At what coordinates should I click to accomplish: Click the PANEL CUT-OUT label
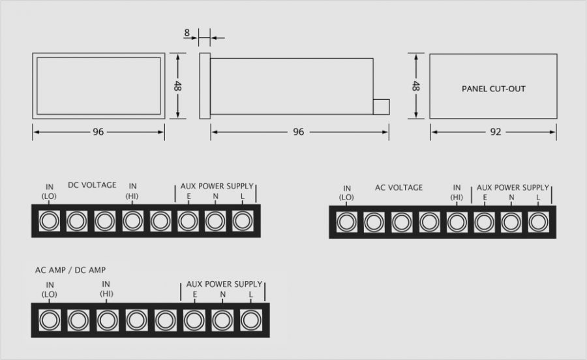click(493, 88)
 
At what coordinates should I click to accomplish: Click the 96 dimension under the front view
click(98, 132)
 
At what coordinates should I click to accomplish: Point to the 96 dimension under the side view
click(299, 132)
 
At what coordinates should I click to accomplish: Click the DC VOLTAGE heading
click(92, 185)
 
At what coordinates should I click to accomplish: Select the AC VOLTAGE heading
click(399, 188)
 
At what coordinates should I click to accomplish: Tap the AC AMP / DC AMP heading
click(70, 269)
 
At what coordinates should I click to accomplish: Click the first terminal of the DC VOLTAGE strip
click(48, 221)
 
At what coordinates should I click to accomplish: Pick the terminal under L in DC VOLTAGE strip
click(243, 221)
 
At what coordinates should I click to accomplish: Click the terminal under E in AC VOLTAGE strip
click(483, 222)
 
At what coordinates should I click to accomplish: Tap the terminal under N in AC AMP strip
click(222, 320)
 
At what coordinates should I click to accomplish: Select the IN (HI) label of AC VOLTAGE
click(457, 192)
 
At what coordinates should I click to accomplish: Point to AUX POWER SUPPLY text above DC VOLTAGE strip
click(217, 186)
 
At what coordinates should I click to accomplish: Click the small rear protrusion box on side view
click(381, 107)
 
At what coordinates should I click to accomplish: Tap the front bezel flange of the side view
click(204, 86)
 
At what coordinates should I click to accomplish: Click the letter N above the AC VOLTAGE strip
click(511, 198)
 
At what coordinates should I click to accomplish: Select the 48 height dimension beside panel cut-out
click(415, 87)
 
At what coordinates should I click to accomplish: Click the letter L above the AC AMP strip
click(250, 295)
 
